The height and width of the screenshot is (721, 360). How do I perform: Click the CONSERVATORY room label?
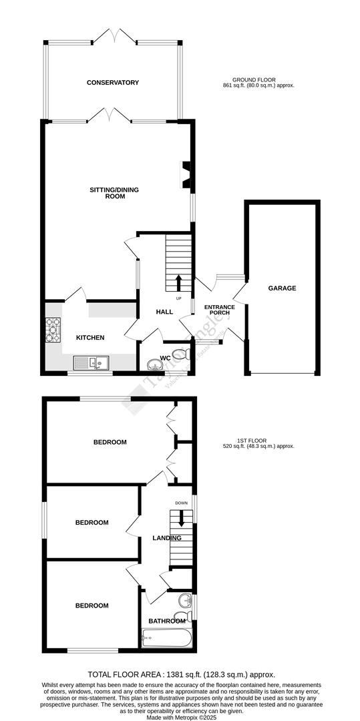(x=112, y=83)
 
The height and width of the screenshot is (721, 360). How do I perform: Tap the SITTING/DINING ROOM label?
(x=114, y=193)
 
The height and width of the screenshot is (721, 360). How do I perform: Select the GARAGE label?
(x=282, y=288)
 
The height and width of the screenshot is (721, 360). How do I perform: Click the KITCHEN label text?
(x=89, y=338)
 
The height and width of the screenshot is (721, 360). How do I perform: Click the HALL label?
(x=164, y=312)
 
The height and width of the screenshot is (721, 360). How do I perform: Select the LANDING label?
(x=166, y=538)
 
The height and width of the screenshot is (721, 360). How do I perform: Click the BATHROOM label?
(x=166, y=621)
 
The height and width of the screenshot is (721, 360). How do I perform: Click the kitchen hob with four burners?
(x=52, y=330)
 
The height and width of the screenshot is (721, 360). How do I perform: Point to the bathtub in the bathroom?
(x=167, y=639)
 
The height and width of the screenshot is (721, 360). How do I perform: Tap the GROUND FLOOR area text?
(x=259, y=83)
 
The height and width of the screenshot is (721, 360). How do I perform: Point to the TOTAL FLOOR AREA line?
(x=181, y=675)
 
